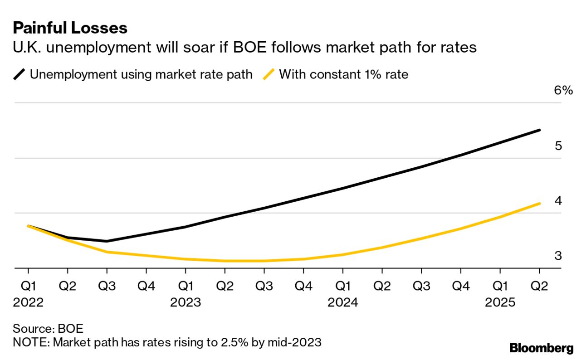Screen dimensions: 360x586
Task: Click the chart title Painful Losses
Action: (70, 28)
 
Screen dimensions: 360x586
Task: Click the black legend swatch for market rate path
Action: (20, 74)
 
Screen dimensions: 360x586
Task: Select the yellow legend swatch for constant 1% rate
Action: (269, 74)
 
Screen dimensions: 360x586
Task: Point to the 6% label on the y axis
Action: (563, 90)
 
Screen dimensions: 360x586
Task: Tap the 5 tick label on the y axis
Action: (558, 146)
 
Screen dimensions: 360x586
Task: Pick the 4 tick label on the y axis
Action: (558, 200)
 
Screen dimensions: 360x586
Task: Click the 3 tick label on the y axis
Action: (558, 256)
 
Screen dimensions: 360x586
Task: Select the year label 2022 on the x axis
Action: (28, 302)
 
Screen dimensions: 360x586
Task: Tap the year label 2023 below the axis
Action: (186, 302)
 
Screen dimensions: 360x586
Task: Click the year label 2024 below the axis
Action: (342, 302)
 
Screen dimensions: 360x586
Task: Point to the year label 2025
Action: (500, 302)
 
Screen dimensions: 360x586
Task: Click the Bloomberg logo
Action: (542, 348)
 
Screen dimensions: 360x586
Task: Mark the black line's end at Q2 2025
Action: (539, 130)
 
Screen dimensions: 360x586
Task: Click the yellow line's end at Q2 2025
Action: (539, 203)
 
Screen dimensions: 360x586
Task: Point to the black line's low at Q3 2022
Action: (107, 241)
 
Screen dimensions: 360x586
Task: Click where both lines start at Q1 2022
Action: (28, 225)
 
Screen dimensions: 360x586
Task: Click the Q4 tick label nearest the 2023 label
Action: (146, 286)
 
